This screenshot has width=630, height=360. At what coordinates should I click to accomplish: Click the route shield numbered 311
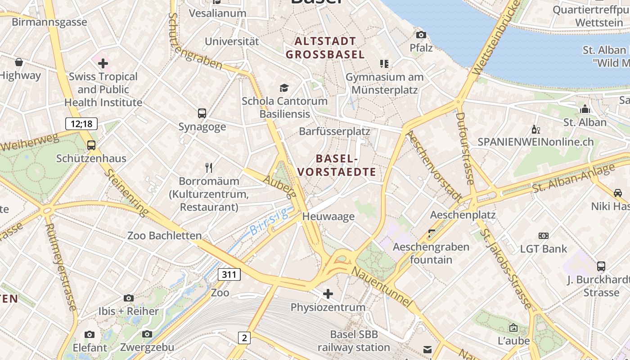pyautogui.click(x=229, y=274)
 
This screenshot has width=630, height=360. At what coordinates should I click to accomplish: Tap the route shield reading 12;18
pyautogui.click(x=81, y=124)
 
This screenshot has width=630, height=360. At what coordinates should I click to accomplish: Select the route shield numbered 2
pyautogui.click(x=244, y=337)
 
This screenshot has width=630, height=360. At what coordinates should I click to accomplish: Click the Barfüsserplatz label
pyautogui.click(x=334, y=131)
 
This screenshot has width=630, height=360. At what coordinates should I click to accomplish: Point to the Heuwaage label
pyautogui.click(x=328, y=216)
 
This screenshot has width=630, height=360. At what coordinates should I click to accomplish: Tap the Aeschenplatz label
pyautogui.click(x=463, y=215)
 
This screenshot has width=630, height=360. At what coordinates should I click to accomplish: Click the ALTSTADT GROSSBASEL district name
pyautogui.click(x=325, y=48)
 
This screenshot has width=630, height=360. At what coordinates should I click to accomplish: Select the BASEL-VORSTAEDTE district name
pyautogui.click(x=337, y=165)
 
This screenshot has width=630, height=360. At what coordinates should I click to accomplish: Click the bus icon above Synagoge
pyautogui.click(x=202, y=113)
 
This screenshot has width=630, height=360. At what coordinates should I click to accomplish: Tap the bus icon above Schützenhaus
pyautogui.click(x=91, y=145)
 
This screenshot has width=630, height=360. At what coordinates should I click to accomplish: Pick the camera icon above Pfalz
pyautogui.click(x=421, y=35)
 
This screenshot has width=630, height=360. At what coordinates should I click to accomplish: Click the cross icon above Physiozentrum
pyautogui.click(x=328, y=294)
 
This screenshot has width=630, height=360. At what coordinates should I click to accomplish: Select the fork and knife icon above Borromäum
pyautogui.click(x=209, y=168)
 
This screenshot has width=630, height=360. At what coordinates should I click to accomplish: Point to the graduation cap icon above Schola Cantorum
pyautogui.click(x=284, y=88)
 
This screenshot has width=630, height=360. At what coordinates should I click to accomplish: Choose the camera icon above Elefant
pyautogui.click(x=90, y=334)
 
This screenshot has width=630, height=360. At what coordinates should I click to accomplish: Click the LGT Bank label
pyautogui.click(x=544, y=248)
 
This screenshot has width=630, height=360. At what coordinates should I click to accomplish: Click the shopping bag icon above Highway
pyautogui.click(x=19, y=62)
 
